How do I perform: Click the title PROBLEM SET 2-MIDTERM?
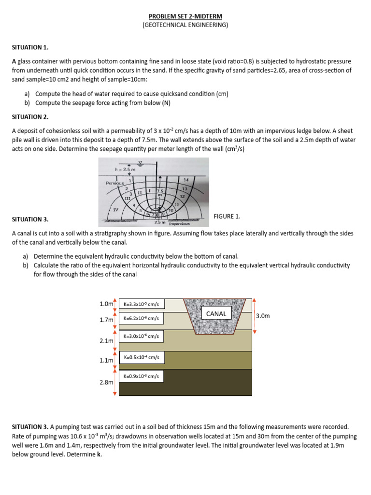(x=185, y=16)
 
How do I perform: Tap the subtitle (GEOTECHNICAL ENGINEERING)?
(x=185, y=25)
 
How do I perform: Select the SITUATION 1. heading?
(x=30, y=47)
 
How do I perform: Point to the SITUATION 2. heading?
(x=30, y=117)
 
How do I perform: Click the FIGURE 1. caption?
(x=227, y=216)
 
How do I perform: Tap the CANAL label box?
(x=216, y=314)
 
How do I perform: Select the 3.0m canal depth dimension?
(x=263, y=316)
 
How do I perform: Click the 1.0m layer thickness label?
(x=106, y=304)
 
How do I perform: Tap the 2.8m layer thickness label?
(x=106, y=382)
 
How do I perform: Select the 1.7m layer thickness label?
(x=106, y=320)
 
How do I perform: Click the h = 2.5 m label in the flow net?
(x=125, y=170)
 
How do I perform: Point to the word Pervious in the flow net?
(x=115, y=183)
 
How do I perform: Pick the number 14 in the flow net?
(x=185, y=179)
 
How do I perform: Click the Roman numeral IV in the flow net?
(x=115, y=209)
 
